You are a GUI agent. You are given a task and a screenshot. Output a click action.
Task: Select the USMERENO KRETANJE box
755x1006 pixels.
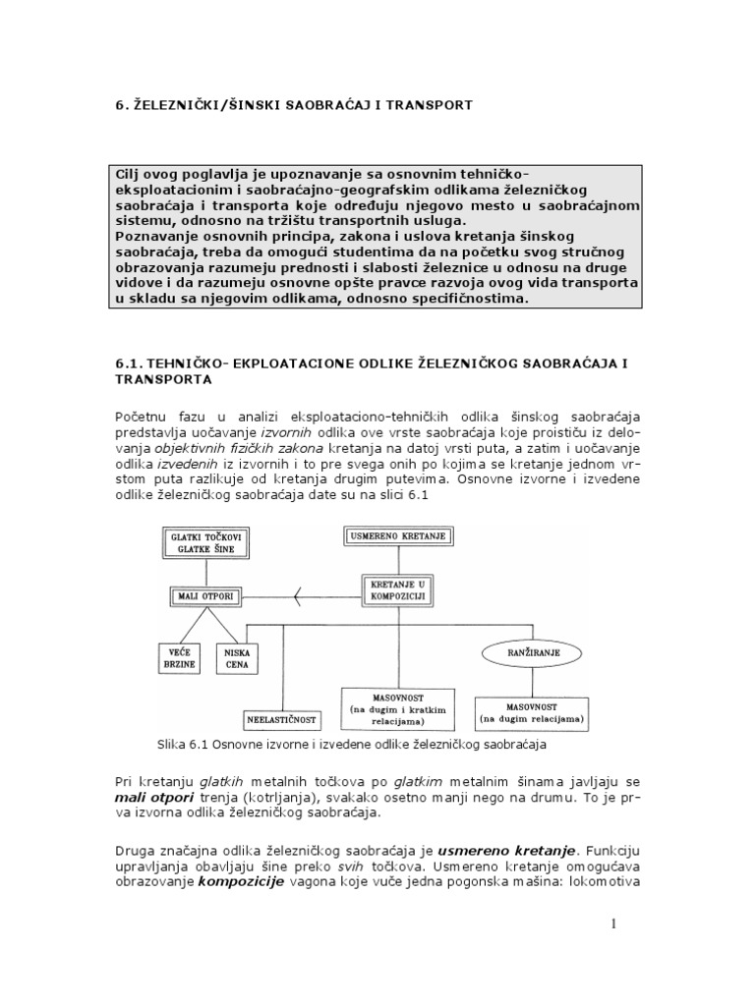click(397, 536)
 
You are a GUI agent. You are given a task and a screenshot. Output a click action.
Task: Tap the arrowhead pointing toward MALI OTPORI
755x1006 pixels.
click(298, 592)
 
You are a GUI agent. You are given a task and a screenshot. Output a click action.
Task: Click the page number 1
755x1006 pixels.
click(612, 923)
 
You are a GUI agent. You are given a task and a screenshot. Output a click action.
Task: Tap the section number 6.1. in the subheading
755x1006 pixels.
click(131, 363)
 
